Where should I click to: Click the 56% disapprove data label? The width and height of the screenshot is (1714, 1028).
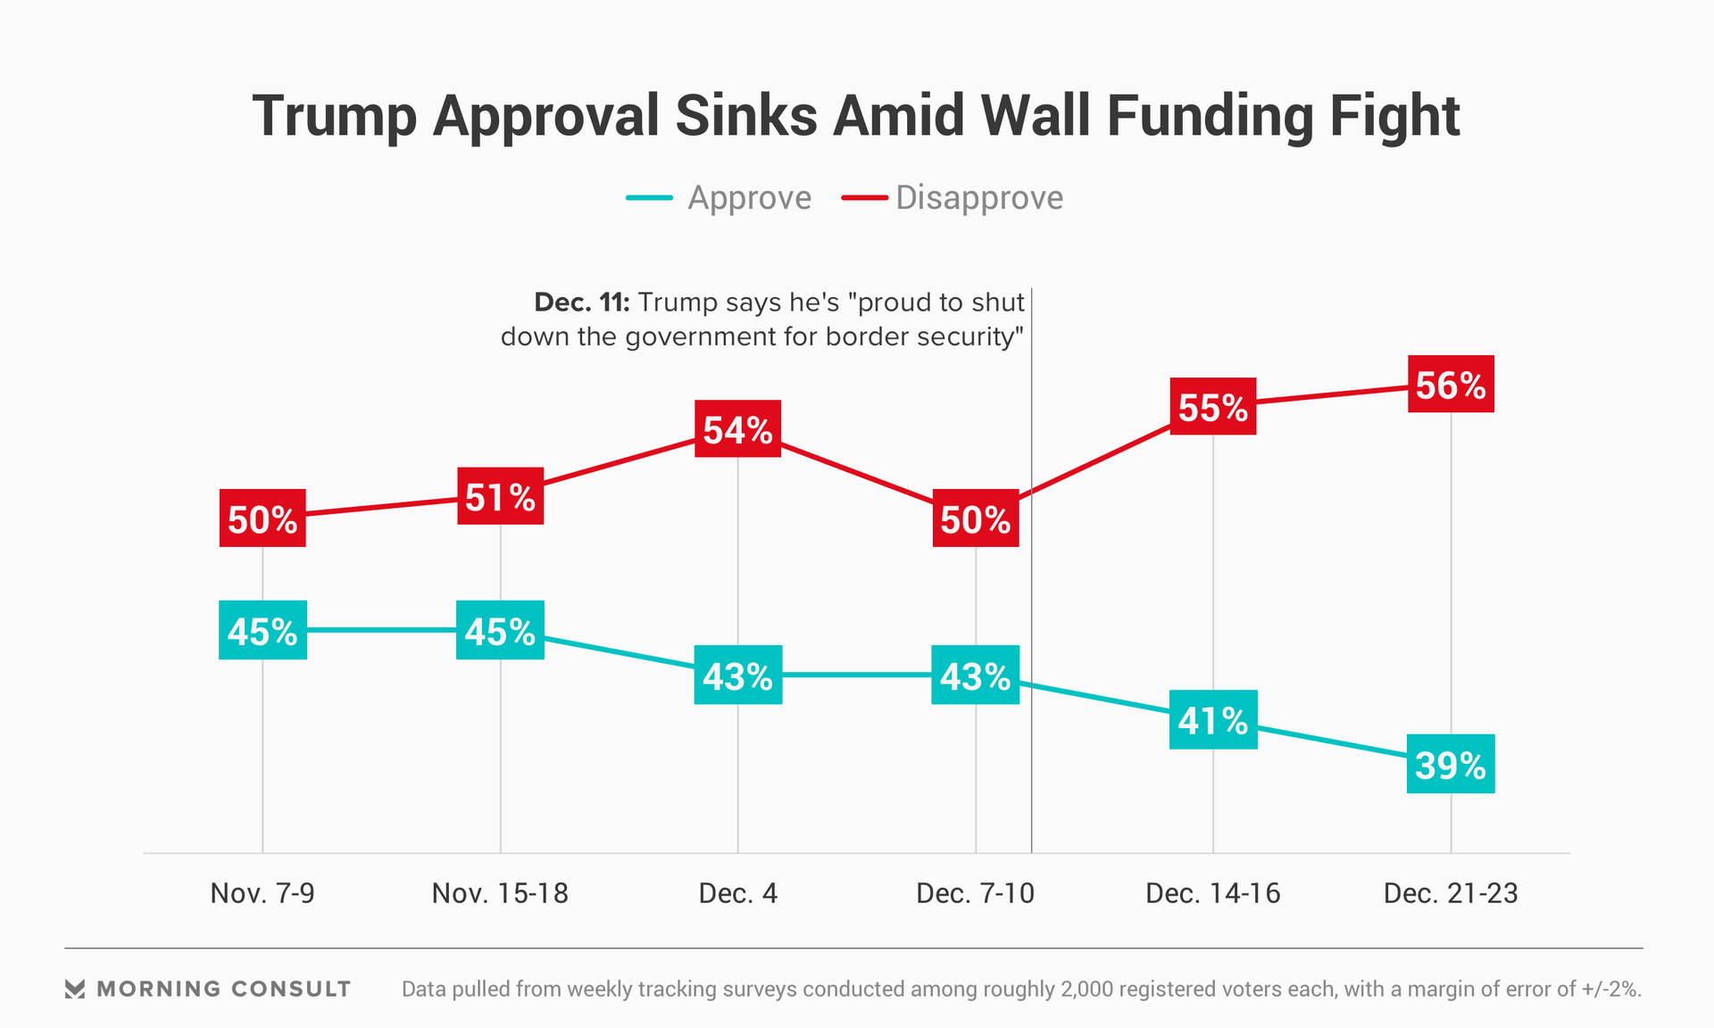click(x=1451, y=385)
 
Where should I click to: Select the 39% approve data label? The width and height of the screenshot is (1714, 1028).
click(x=1451, y=765)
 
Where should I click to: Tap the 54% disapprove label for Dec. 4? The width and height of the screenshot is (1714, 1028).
click(x=737, y=429)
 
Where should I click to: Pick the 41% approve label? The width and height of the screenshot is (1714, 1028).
click(x=1213, y=720)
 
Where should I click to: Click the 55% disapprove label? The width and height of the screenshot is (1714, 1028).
click(x=1213, y=407)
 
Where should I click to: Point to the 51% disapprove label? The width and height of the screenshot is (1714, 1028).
click(x=500, y=496)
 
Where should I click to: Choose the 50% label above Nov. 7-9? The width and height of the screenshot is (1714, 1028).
click(x=262, y=518)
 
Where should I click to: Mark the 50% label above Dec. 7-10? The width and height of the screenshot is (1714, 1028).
click(x=976, y=518)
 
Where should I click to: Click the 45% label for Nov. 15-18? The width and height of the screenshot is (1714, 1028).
click(x=500, y=631)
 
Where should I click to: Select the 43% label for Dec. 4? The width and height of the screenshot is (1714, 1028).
click(x=737, y=676)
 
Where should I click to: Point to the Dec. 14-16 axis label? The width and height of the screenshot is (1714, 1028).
click(x=1213, y=893)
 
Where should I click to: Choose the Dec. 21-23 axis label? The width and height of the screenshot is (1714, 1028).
click(x=1451, y=893)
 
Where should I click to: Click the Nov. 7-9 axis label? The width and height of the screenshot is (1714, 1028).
click(x=262, y=893)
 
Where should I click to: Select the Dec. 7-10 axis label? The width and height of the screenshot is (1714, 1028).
click(x=976, y=893)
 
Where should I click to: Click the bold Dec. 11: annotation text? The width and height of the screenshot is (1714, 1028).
click(x=582, y=303)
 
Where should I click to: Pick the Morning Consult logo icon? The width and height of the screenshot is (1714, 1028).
click(x=75, y=989)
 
